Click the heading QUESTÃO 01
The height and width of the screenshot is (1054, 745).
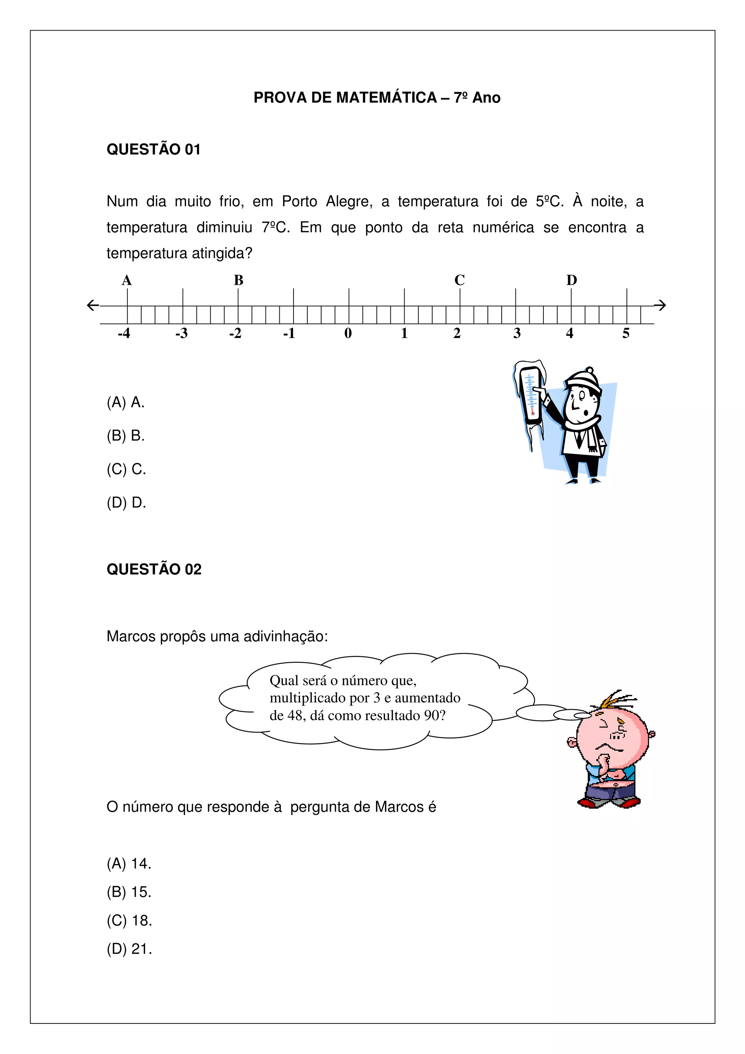tap(153, 149)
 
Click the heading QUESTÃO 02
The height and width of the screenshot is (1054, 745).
tap(154, 569)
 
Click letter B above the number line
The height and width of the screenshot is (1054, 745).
tap(238, 280)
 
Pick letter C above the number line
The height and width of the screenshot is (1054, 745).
tap(459, 280)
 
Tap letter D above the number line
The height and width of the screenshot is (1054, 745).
tap(571, 280)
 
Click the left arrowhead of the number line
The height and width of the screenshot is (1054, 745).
tap(92, 305)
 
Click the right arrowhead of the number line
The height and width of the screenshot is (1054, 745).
tap(661, 305)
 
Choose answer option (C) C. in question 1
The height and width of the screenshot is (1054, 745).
tap(126, 469)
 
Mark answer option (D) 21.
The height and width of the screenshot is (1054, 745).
tap(129, 949)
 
